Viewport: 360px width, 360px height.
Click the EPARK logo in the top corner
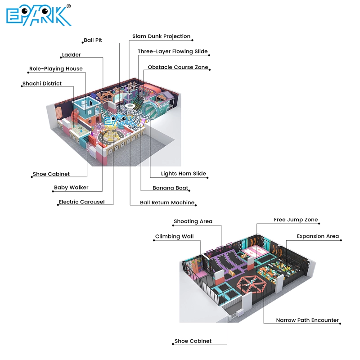pos(39,16)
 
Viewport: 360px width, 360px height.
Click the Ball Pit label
pos(93,40)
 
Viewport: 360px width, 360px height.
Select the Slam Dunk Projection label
pos(161,36)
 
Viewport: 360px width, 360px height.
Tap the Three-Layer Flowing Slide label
pos(172,52)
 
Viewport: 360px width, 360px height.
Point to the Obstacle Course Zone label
pos(178,67)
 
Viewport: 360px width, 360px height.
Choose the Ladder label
pos(71,55)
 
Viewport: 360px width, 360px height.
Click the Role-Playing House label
pos(56,69)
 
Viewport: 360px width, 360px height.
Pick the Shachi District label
pos(42,84)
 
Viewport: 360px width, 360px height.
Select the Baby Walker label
pos(71,188)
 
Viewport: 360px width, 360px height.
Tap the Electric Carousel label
pos(81,202)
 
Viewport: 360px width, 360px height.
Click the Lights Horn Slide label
pos(183,174)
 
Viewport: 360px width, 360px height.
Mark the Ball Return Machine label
pos(167,203)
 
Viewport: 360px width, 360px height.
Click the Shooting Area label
pos(193,221)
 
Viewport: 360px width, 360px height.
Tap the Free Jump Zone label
pos(296,220)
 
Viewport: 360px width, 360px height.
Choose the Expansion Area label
pos(318,236)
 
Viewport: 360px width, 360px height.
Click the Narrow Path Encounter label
pos(307,320)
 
